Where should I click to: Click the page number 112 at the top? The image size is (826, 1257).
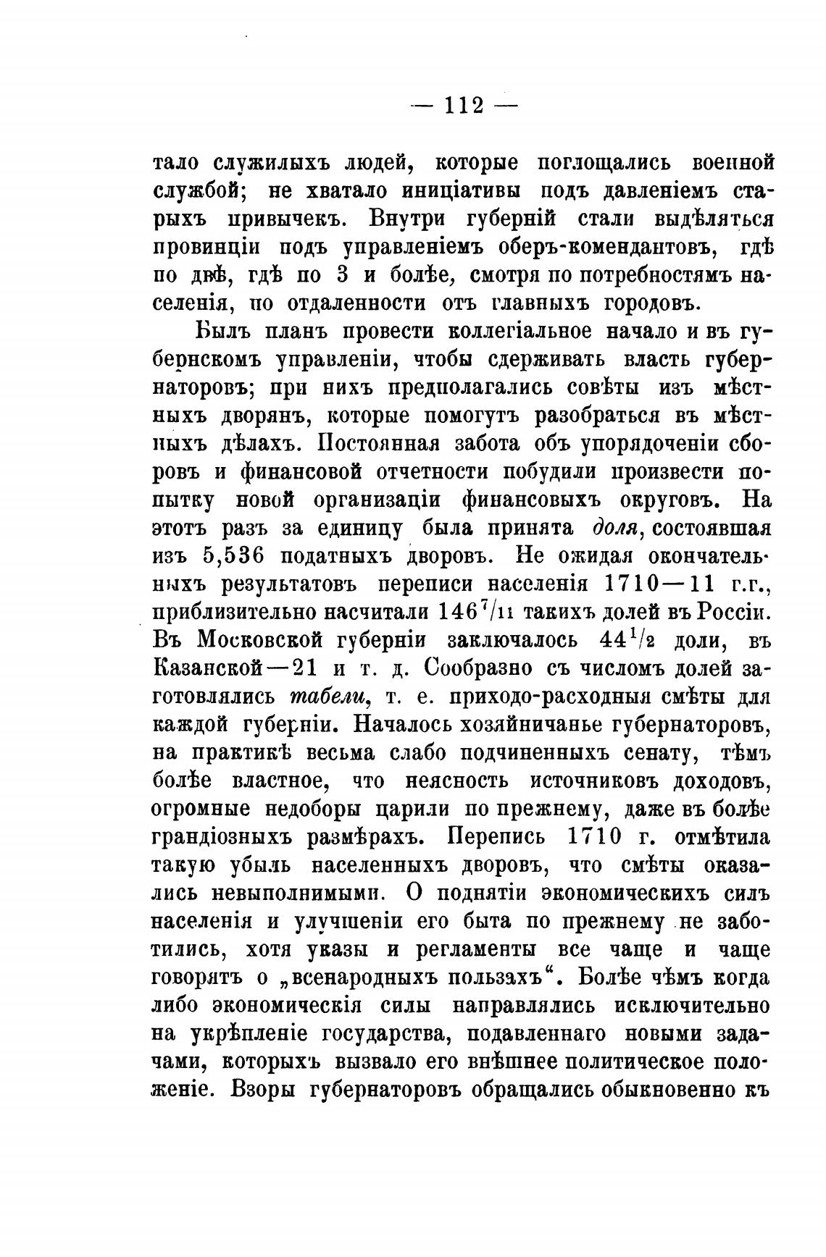464,105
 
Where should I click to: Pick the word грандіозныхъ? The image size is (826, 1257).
233,837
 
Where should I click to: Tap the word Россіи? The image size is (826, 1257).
732,612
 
